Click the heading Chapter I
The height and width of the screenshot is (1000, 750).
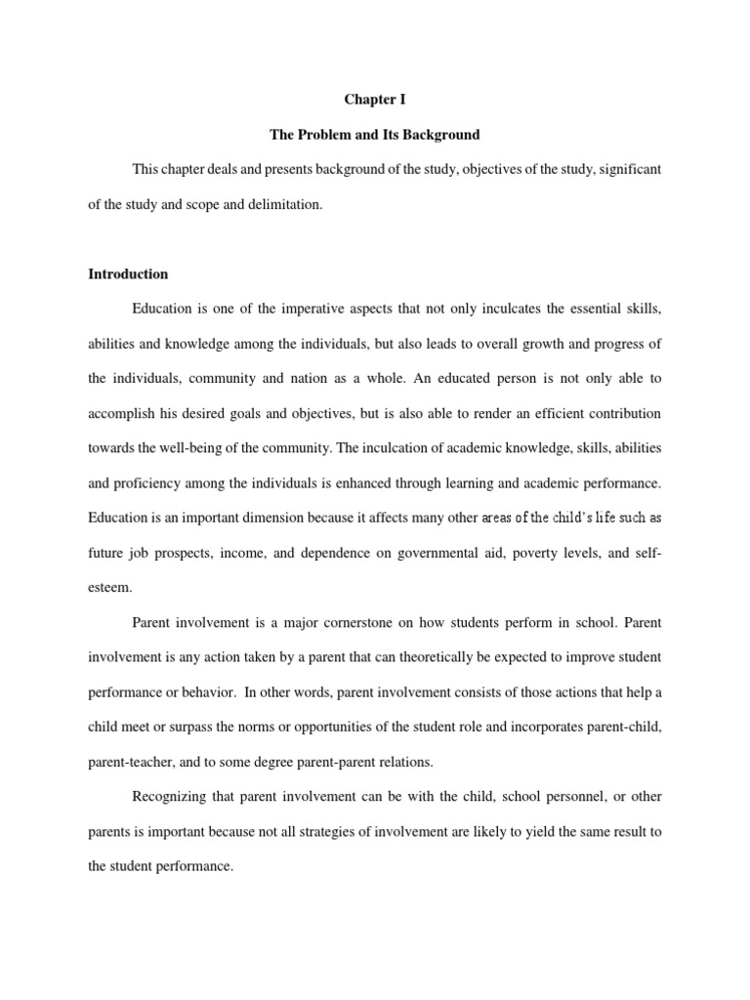(x=374, y=100)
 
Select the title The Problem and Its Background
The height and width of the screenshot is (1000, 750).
(x=375, y=134)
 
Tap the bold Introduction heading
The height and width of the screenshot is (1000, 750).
(x=128, y=274)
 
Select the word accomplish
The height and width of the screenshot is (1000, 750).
(x=124, y=414)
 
